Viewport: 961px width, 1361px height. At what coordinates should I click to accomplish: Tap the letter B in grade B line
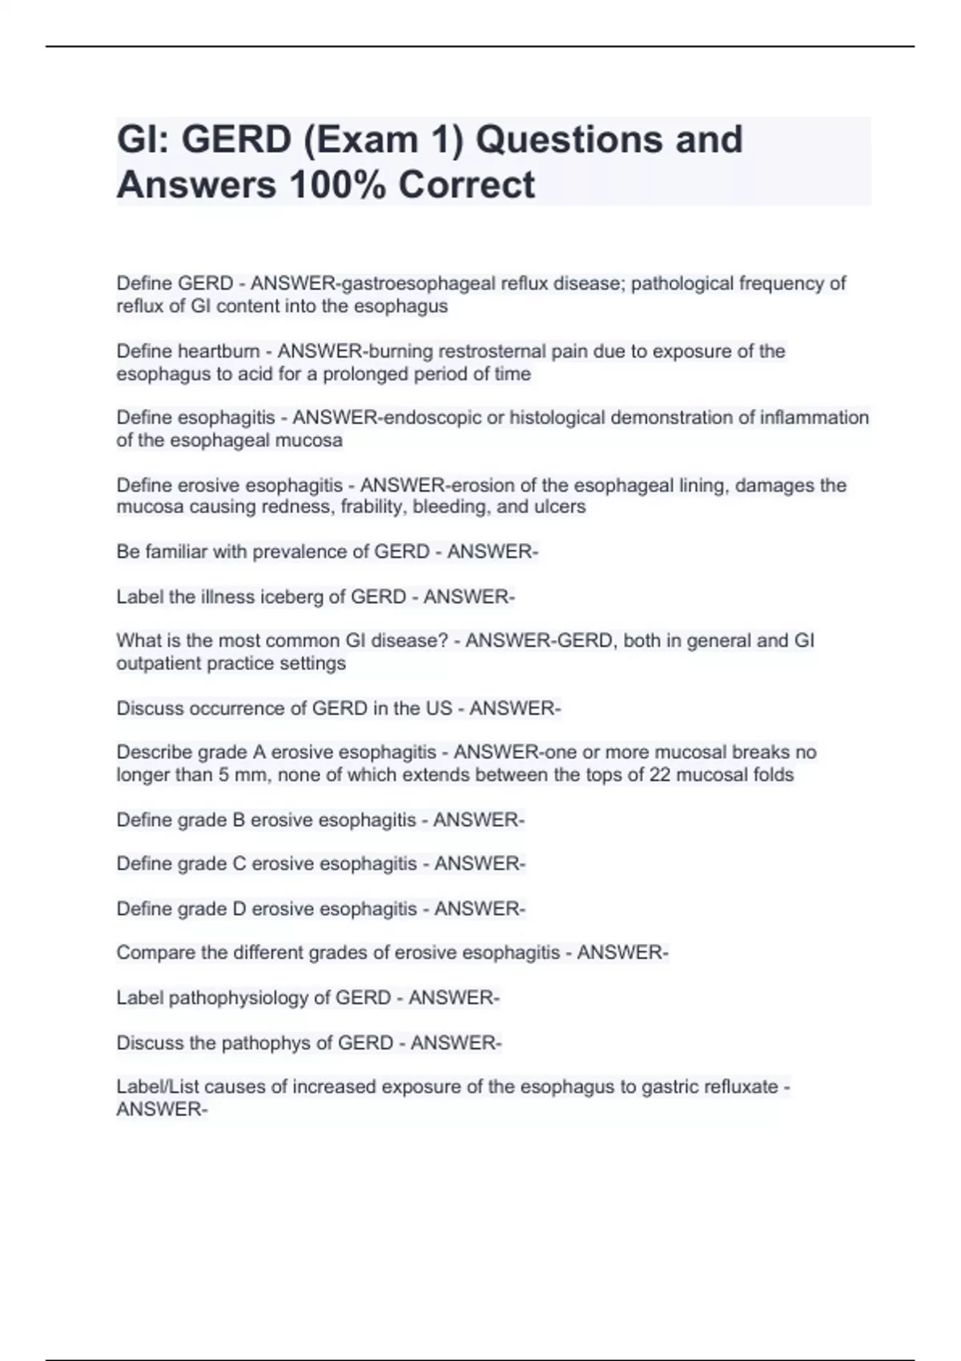pyautogui.click(x=239, y=820)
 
